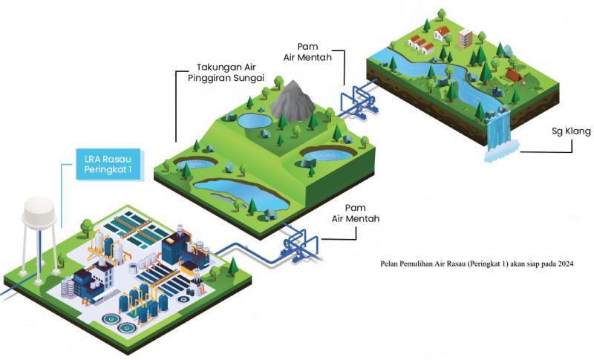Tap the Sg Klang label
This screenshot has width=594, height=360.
572,131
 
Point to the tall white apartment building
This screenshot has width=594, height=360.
466,36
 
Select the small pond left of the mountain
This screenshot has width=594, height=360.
252,120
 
